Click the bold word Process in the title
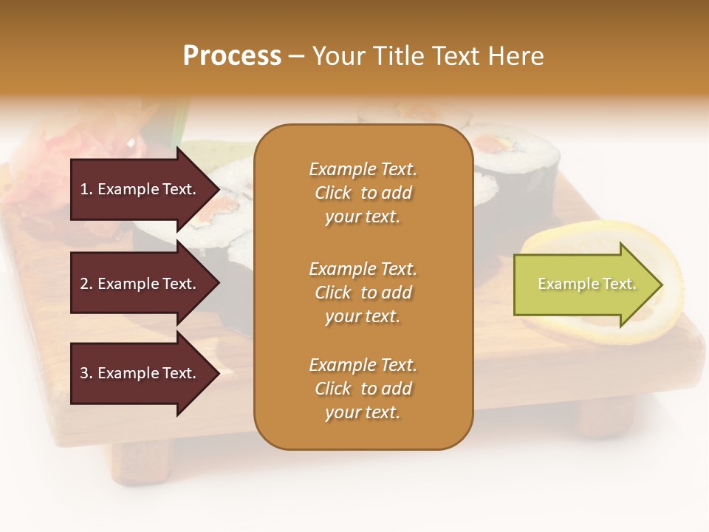pyautogui.click(x=232, y=56)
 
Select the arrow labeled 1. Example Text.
pyautogui.click(x=140, y=189)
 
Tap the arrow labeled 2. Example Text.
pyautogui.click(x=140, y=284)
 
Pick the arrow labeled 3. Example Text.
pyautogui.click(x=140, y=373)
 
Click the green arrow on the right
pyautogui.click(x=583, y=284)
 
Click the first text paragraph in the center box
pyautogui.click(x=363, y=193)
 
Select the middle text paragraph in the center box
pyautogui.click(x=363, y=293)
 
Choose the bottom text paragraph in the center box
pyautogui.click(x=363, y=389)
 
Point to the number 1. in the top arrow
pyautogui.click(x=86, y=189)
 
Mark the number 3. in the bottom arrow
pyautogui.click(x=86, y=373)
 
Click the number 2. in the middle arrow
pyautogui.click(x=86, y=284)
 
